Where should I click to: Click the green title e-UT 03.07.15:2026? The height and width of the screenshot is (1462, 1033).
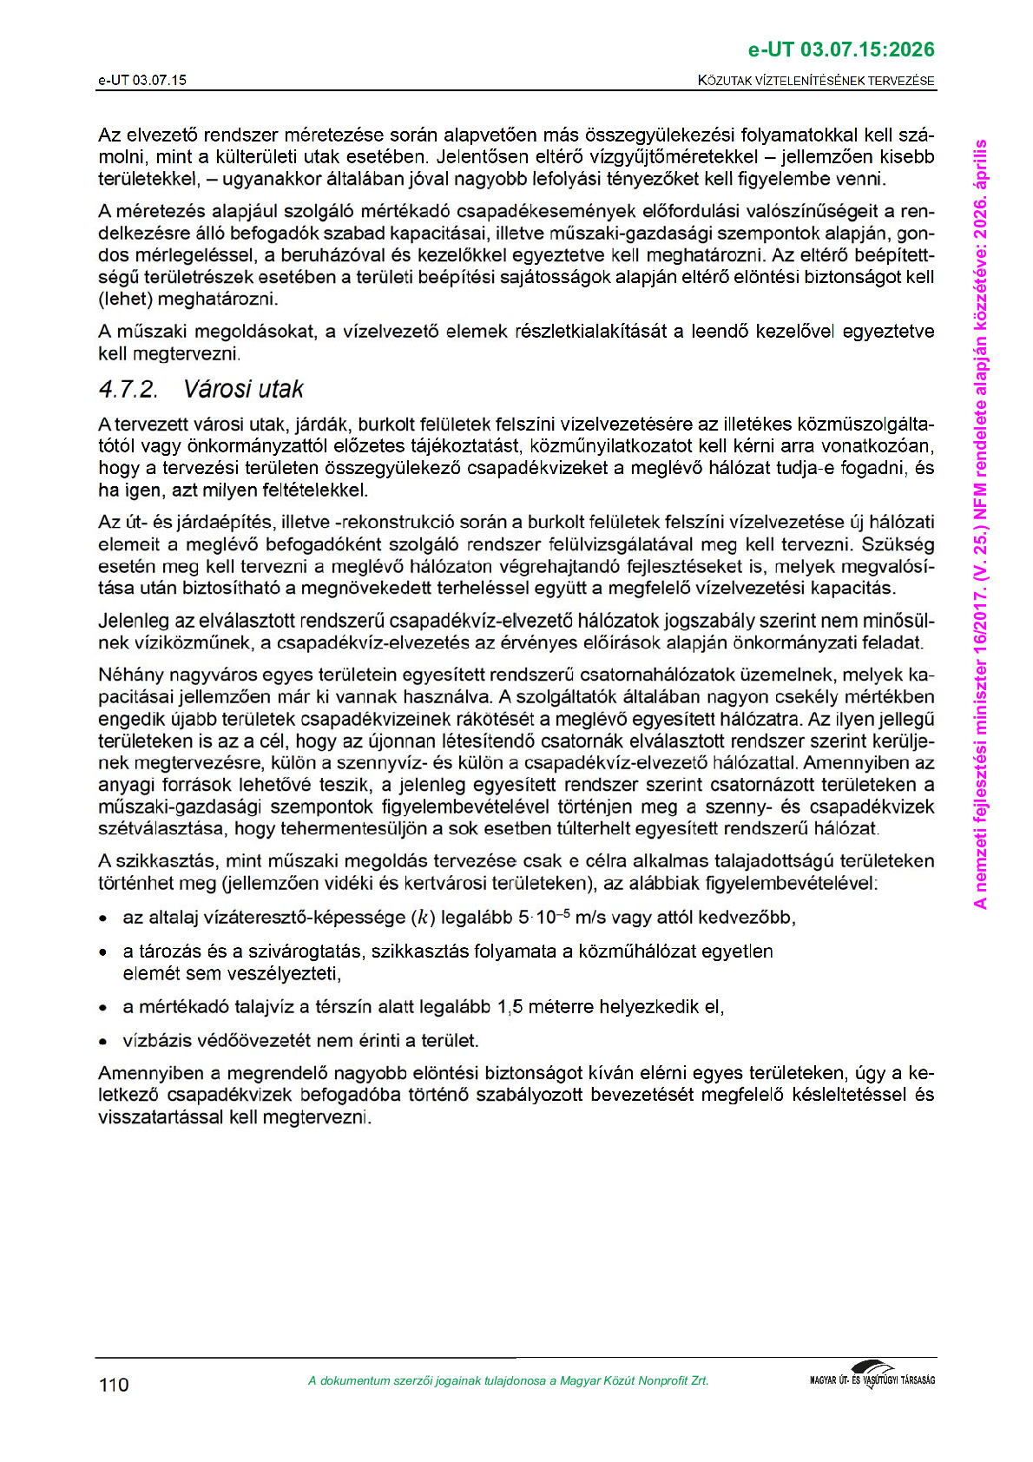coord(841,49)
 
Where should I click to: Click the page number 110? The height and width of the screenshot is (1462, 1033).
coord(114,1385)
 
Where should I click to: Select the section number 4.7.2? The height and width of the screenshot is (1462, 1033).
coord(128,389)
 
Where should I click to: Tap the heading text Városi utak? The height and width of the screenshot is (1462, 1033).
coord(243,389)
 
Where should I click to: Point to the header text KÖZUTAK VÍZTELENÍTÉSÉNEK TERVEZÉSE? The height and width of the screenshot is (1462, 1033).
coord(816,81)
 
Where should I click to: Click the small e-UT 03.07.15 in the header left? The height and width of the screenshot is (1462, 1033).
coord(142,81)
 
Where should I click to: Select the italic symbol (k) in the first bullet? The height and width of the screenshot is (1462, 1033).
coord(423,918)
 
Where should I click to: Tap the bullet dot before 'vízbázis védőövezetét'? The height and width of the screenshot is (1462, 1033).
coord(103,1041)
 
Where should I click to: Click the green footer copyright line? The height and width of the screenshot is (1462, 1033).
coord(508,1381)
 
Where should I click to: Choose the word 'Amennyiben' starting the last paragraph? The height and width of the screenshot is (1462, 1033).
coord(146,1073)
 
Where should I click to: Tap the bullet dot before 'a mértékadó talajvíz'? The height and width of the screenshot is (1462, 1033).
coord(103,1008)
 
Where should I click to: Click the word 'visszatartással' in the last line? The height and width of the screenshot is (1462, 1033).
coord(161,1116)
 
